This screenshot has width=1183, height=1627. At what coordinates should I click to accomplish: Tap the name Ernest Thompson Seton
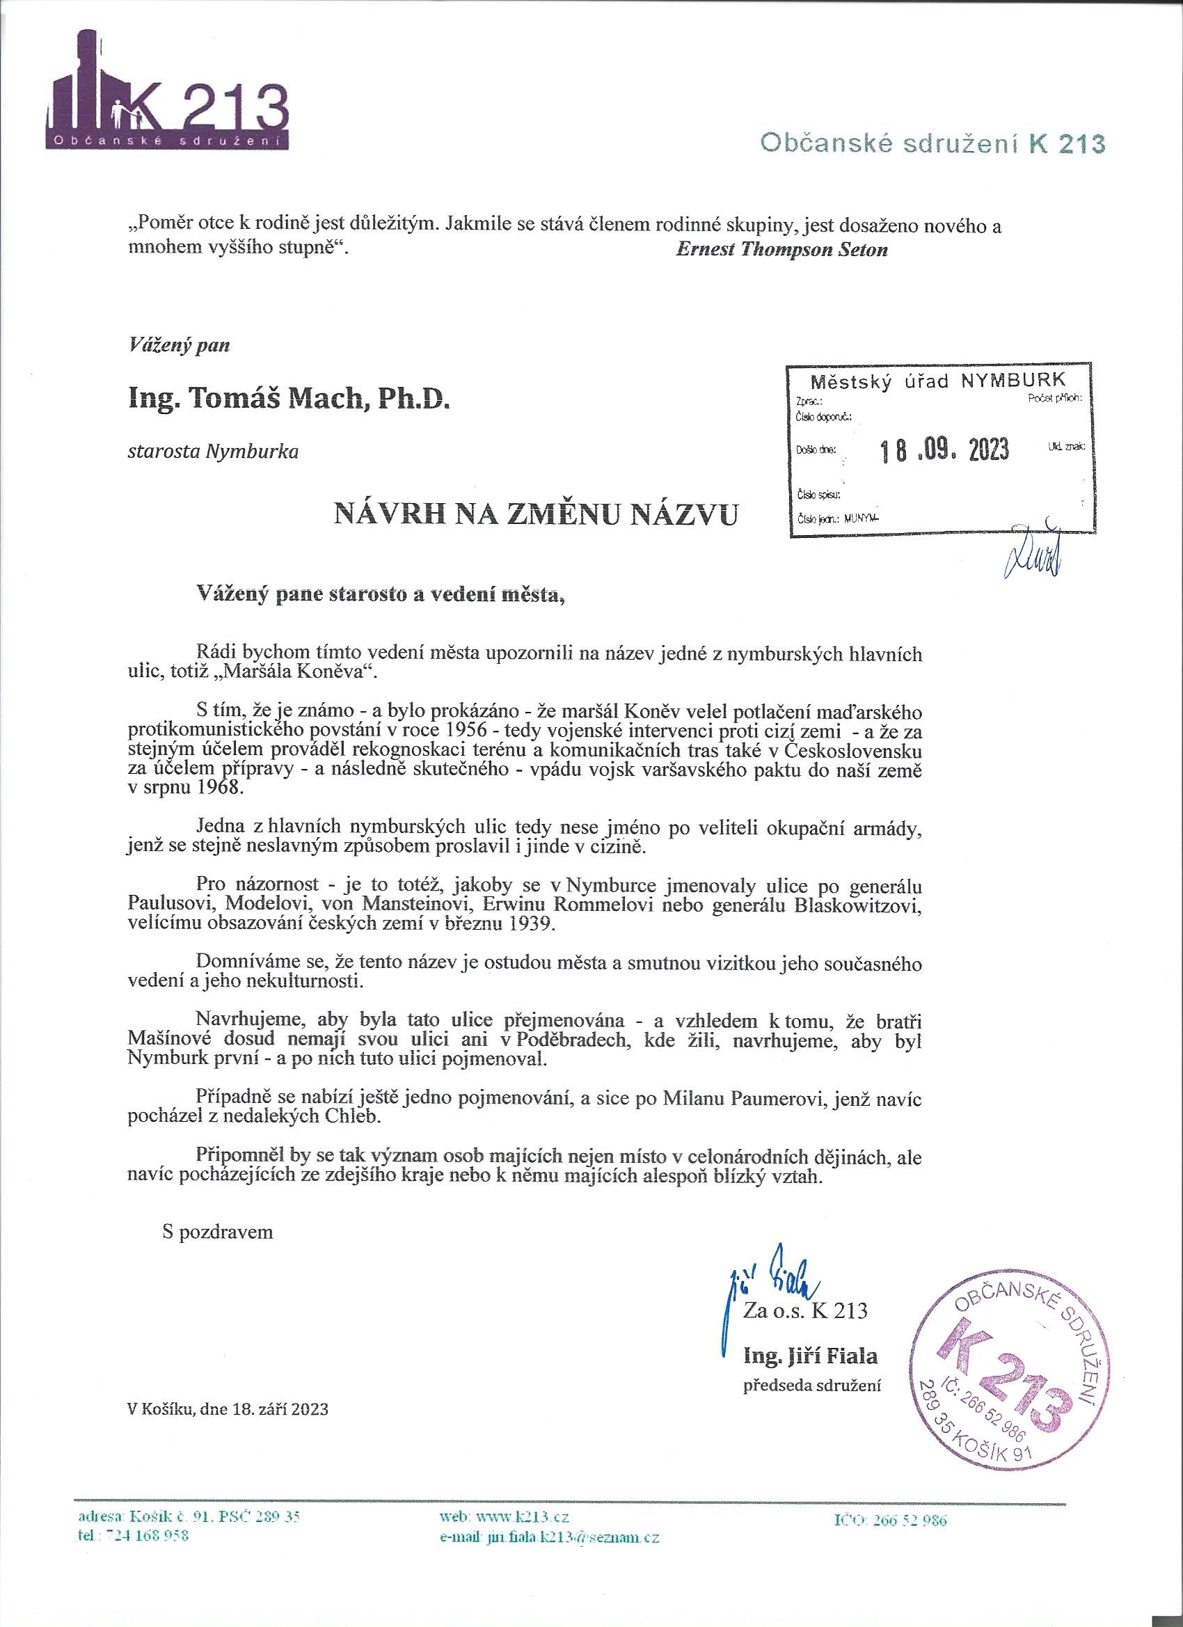point(781,250)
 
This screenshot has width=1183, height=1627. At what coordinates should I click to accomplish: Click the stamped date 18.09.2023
point(944,450)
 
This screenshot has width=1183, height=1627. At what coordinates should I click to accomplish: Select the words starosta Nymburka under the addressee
point(212,452)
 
